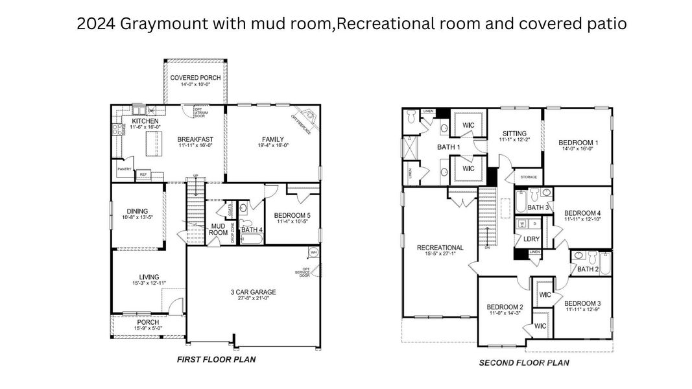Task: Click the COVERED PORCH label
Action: (x=195, y=78)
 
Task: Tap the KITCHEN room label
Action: (x=145, y=121)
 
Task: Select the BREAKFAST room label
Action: (x=195, y=139)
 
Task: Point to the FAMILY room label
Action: (x=273, y=139)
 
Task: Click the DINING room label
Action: (x=137, y=211)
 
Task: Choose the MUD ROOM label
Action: (x=218, y=230)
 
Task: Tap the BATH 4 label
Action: (x=252, y=230)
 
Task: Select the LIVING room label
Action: (x=149, y=277)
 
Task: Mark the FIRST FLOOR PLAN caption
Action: (x=217, y=359)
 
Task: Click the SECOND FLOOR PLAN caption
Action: (x=524, y=362)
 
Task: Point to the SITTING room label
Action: (x=514, y=133)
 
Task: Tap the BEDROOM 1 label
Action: (x=579, y=143)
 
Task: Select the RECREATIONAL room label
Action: (x=440, y=248)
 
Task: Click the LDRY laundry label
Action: (x=531, y=239)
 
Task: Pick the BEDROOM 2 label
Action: (x=505, y=307)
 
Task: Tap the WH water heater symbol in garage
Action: (x=313, y=252)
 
